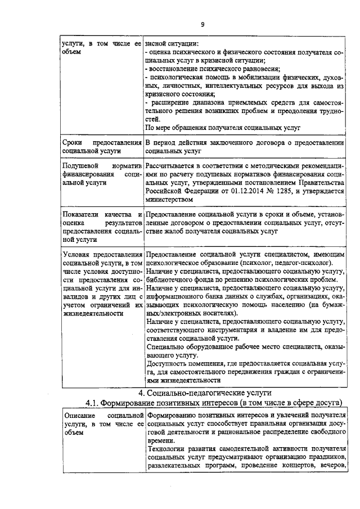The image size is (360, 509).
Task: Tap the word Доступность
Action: pyautogui.click(x=168, y=364)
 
